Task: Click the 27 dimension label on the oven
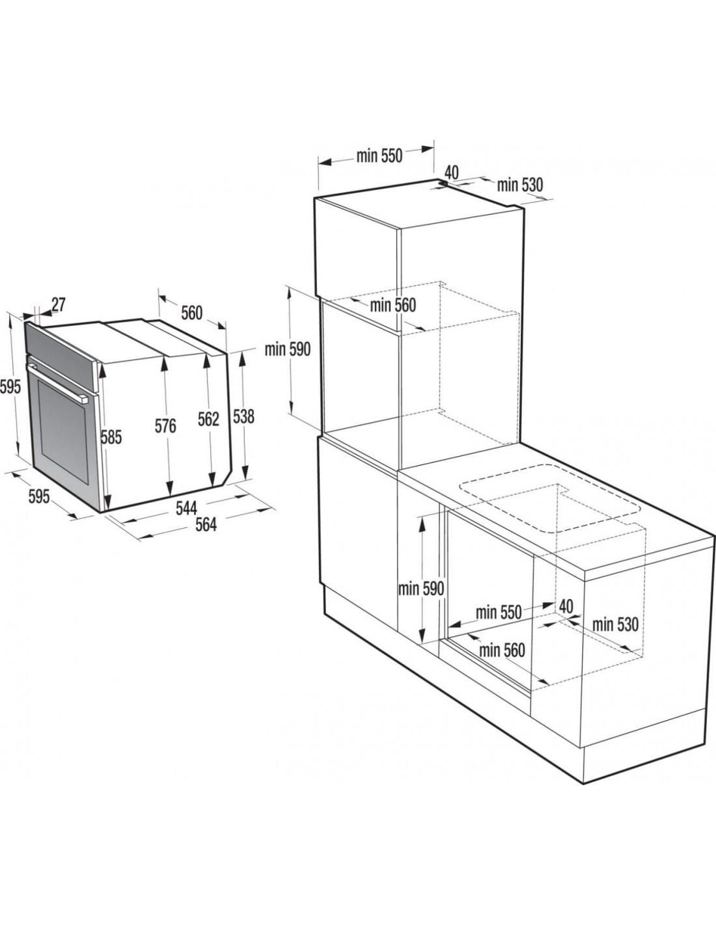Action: [59, 304]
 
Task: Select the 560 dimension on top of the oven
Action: [191, 314]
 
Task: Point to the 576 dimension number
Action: [165, 426]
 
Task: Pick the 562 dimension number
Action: [209, 420]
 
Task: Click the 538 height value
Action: [243, 417]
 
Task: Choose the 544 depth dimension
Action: [187, 508]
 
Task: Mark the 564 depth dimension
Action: [206, 525]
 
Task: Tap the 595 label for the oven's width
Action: [39, 497]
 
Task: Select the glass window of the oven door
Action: [62, 432]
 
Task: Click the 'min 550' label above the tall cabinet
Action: [379, 156]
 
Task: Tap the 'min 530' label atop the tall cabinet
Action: [520, 185]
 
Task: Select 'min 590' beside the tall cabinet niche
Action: [288, 349]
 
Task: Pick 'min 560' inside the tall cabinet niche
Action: [392, 305]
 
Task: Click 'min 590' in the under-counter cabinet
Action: [421, 589]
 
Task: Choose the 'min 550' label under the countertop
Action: [499, 613]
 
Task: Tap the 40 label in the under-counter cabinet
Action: [566, 606]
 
